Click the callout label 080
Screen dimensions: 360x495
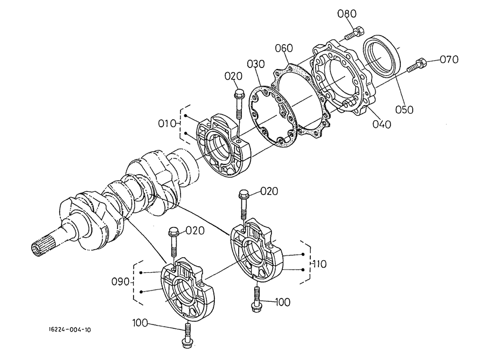347,13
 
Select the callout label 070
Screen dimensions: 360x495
448,59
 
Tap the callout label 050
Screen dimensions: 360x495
404,109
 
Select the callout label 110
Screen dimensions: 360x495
319,264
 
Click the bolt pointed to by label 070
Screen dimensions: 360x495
417,65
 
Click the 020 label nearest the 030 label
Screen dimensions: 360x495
234,76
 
